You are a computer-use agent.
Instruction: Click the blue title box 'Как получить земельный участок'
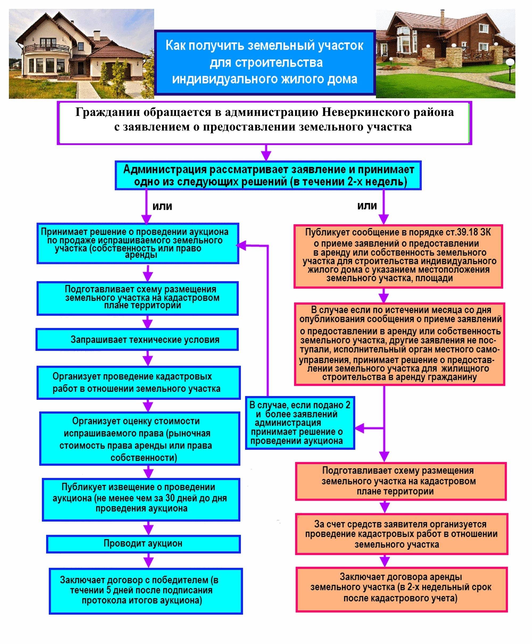coord(265,62)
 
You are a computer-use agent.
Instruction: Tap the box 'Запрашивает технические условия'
coord(137,340)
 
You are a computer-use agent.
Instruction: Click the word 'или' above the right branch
coord(367,206)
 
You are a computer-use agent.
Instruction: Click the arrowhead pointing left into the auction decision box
coord(241,245)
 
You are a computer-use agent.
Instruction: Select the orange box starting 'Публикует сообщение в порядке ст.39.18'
coord(398,256)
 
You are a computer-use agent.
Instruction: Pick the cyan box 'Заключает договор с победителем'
coord(146,591)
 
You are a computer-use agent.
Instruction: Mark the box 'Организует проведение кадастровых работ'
coord(139,383)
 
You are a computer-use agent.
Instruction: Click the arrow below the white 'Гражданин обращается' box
coord(266,152)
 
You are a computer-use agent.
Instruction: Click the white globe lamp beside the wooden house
coord(510,63)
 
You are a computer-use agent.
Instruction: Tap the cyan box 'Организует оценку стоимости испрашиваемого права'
coord(140,439)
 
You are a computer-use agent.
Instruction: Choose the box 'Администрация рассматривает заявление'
coord(268,175)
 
